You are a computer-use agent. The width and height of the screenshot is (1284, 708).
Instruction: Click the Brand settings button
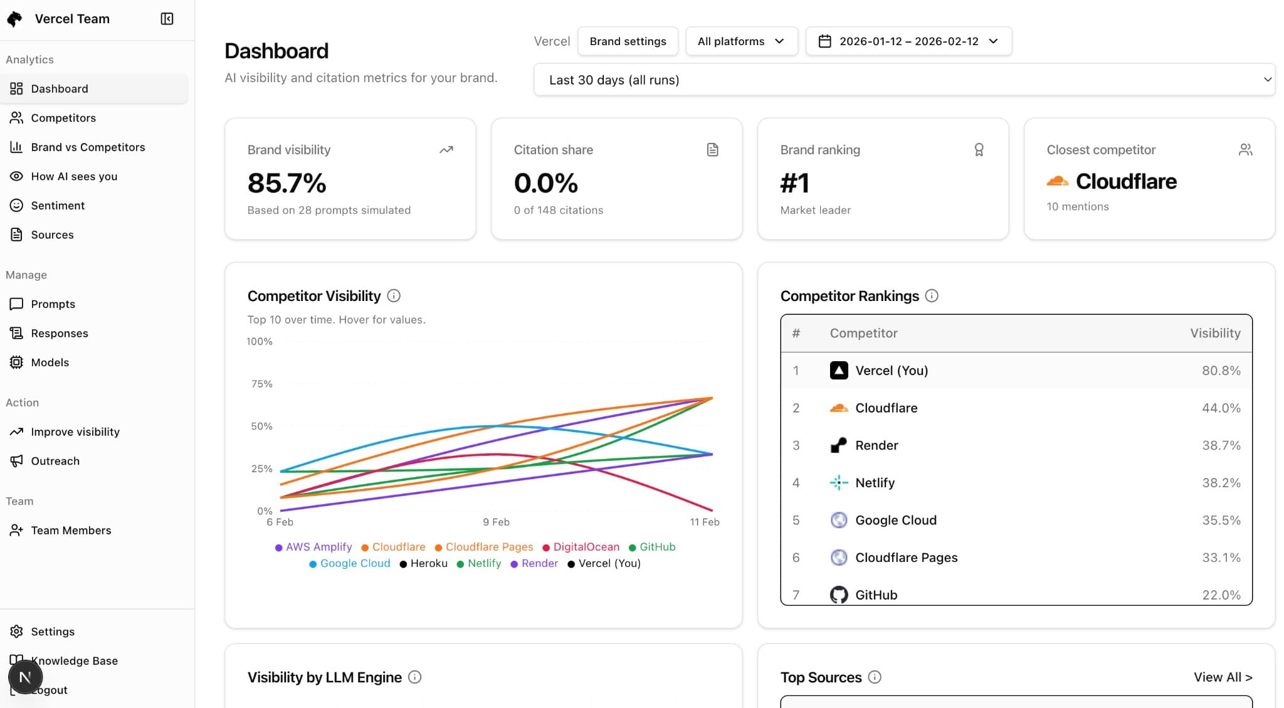pyautogui.click(x=628, y=41)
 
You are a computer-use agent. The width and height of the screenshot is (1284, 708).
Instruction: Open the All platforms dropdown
pyautogui.click(x=741, y=41)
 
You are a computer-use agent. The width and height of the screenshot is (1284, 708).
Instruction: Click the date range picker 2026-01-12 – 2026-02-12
pyautogui.click(x=908, y=41)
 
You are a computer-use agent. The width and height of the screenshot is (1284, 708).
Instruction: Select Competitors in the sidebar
pyautogui.click(x=63, y=118)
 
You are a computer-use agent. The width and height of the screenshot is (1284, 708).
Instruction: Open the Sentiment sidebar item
pyautogui.click(x=58, y=206)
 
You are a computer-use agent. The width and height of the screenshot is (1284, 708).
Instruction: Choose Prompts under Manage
pyautogui.click(x=53, y=304)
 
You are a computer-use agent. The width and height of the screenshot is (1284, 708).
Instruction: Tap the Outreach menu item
pyautogui.click(x=55, y=461)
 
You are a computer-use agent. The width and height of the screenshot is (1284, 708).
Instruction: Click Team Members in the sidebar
pyautogui.click(x=71, y=531)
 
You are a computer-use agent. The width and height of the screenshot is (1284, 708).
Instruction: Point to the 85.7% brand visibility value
pyautogui.click(x=287, y=183)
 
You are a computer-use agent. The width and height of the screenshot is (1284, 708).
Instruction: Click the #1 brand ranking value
pyautogui.click(x=795, y=183)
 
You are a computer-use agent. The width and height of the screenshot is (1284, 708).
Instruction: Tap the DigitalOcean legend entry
pyautogui.click(x=586, y=547)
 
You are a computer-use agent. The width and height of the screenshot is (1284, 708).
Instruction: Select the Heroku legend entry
pyautogui.click(x=428, y=563)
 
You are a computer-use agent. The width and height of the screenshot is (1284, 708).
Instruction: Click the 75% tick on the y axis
pyautogui.click(x=261, y=384)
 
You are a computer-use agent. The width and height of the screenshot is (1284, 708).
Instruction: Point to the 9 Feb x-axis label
pyautogui.click(x=496, y=522)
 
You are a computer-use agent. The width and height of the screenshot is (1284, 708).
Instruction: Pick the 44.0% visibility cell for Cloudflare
pyautogui.click(x=1221, y=408)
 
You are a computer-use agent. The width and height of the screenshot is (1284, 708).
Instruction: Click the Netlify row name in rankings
pyautogui.click(x=875, y=483)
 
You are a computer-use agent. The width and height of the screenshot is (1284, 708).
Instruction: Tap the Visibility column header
pyautogui.click(x=1215, y=333)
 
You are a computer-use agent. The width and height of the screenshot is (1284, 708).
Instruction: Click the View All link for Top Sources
pyautogui.click(x=1223, y=677)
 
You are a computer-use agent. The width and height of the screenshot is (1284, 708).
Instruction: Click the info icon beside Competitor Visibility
pyautogui.click(x=394, y=296)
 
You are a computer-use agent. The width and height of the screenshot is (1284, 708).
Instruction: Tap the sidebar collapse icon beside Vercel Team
pyautogui.click(x=167, y=19)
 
